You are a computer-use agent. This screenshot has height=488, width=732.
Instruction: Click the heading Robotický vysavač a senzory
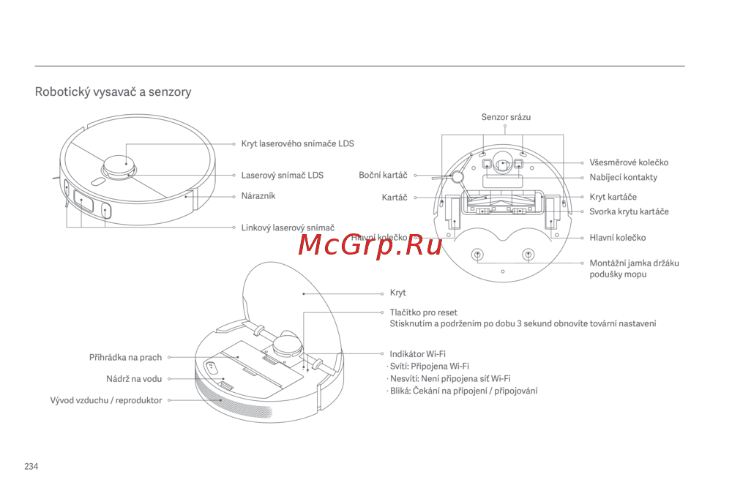pos(113,92)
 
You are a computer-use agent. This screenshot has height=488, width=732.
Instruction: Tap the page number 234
pos(31,467)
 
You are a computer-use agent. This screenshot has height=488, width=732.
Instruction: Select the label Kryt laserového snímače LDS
pos(297,144)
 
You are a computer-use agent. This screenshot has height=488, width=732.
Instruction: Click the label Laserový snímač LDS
pos(282,176)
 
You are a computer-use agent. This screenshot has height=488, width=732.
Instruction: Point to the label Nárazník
pos(258,196)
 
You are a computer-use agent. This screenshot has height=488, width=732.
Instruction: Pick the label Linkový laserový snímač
pos(288,228)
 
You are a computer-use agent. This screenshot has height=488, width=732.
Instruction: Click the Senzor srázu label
pos(506,117)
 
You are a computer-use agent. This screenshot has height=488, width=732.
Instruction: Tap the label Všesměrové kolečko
pos(628,163)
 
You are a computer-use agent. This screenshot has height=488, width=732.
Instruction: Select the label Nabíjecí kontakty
pos(623,178)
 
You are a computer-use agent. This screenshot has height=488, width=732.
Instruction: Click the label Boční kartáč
pos(383,176)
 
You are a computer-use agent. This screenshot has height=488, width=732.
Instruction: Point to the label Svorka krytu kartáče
pos(629,212)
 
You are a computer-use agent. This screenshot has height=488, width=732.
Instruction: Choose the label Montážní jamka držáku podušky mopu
pos(634,269)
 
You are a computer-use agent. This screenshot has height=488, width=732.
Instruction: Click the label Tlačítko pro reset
pos(423,312)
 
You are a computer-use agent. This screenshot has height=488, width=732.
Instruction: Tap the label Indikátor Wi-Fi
pos(417,354)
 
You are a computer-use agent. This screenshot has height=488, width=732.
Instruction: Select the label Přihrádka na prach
pos(125,358)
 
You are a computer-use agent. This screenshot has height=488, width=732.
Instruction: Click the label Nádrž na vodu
pos(134,379)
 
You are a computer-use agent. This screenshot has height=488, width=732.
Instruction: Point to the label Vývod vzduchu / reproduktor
pos(106,401)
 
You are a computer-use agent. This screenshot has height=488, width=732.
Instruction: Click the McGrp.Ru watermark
pos(370,245)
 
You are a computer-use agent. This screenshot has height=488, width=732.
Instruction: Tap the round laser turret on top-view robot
pos(119,167)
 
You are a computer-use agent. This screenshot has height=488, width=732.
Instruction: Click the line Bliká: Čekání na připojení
pos(463,391)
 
